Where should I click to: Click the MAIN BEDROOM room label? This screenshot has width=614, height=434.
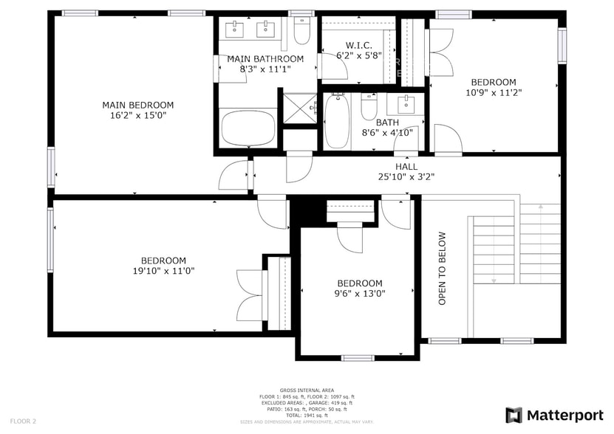(x=137, y=105)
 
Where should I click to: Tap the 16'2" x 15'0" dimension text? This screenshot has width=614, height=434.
(x=137, y=115)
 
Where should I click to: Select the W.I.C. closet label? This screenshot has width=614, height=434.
(x=358, y=44)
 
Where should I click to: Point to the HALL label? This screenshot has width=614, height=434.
(x=406, y=166)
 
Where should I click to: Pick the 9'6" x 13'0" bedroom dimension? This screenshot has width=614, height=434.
(x=360, y=293)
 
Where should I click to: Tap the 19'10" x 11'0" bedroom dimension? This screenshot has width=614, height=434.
(x=163, y=270)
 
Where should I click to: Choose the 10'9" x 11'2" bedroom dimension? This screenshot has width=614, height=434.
(x=494, y=93)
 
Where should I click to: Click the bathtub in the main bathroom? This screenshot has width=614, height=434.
(x=249, y=128)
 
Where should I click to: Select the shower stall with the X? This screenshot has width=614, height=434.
(x=299, y=108)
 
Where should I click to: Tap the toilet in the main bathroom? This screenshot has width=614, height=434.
(x=301, y=32)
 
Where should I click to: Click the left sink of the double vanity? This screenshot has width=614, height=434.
(x=236, y=29)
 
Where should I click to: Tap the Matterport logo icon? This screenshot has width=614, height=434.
(x=514, y=415)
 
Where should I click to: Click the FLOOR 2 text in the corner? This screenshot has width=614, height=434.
(x=24, y=421)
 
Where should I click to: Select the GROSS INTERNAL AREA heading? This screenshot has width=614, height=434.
(x=307, y=390)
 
